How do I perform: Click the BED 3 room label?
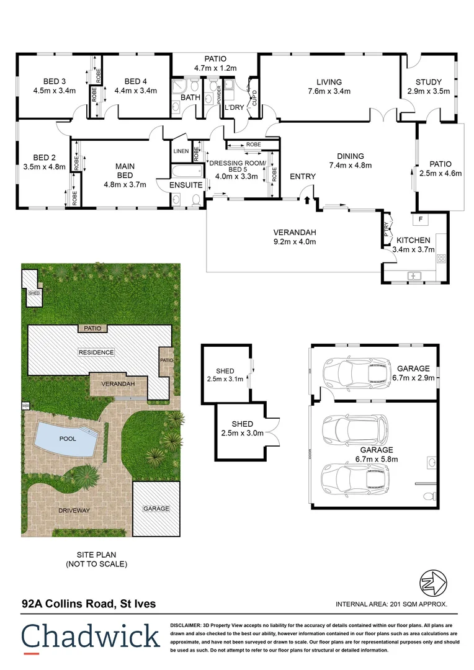point(55,81)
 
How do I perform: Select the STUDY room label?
point(429,82)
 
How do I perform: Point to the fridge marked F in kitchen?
point(420,219)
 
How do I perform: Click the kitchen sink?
point(414,275)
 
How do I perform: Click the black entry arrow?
point(306,199)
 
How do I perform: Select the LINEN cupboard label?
point(181,151)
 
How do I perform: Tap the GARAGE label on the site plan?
point(156,509)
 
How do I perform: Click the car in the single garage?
point(355,373)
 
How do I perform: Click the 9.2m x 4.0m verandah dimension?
point(295,241)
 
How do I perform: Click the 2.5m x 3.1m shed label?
point(225,379)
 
